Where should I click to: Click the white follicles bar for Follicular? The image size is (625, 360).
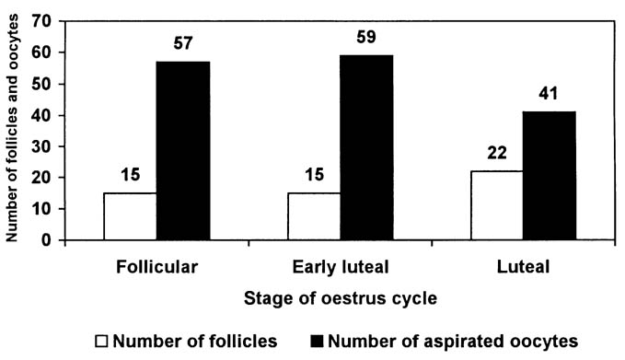130,216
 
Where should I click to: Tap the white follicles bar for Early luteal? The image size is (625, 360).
314,216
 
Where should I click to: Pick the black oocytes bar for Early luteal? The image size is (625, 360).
367,147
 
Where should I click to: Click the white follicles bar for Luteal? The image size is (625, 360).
498,205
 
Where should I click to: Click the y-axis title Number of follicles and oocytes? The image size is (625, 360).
14,129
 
